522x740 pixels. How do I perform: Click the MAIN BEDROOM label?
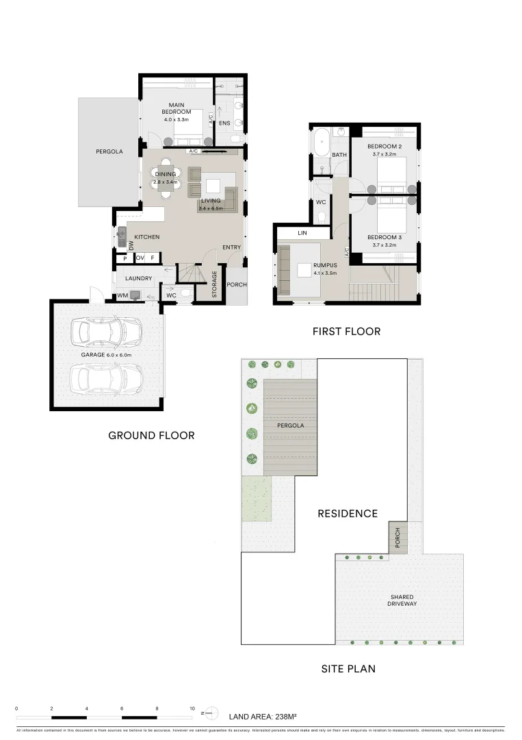(177, 108)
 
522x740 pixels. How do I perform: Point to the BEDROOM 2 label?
(384, 147)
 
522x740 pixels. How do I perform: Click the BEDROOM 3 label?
(384, 236)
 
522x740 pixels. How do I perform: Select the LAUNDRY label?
(138, 279)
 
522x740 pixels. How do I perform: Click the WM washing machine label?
(122, 296)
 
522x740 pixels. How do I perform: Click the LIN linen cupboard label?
(302, 234)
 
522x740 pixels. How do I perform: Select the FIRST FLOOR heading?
(346, 332)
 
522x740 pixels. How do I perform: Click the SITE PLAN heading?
(348, 669)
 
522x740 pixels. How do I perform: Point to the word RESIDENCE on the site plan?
(348, 513)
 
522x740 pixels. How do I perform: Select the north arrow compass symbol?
(210, 713)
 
